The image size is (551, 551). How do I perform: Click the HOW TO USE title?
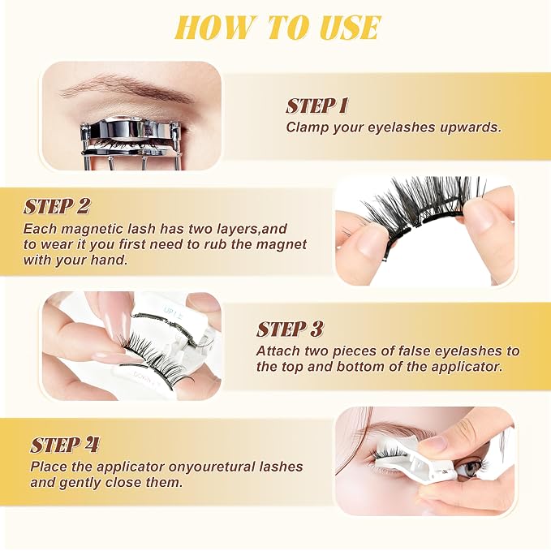278,28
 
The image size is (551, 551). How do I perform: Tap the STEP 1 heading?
317,105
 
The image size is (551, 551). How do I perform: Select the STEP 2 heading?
57,206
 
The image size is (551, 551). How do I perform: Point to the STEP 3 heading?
290,329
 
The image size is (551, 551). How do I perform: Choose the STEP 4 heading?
64,446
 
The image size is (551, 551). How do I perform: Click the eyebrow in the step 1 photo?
127,86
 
